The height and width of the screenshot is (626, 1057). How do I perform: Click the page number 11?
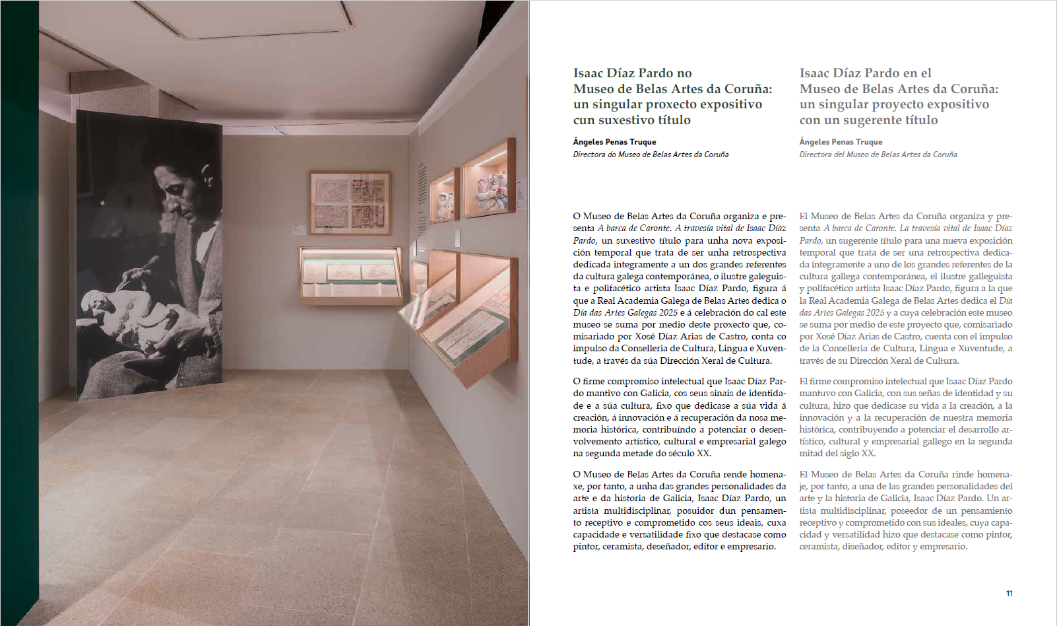point(1009,594)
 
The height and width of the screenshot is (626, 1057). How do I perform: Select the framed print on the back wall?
point(350,203)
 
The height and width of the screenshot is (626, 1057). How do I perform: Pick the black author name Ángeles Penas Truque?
point(614,142)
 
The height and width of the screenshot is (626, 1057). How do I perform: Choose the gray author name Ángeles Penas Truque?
point(841,142)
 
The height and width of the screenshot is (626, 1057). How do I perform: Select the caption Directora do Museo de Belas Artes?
point(651,155)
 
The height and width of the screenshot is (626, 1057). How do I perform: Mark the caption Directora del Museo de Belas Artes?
point(878,155)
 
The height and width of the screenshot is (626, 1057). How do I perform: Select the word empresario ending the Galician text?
point(751,547)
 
